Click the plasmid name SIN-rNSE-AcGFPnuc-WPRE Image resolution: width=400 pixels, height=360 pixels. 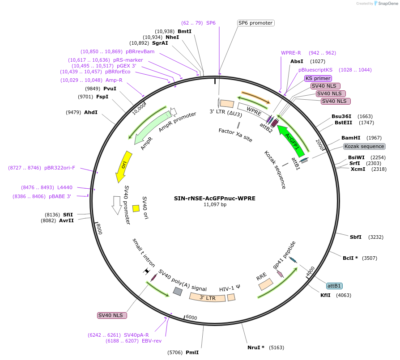[215, 198]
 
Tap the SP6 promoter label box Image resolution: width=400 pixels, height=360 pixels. [255, 23]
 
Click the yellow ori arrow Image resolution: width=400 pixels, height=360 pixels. [123, 166]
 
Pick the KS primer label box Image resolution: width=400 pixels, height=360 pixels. [318, 78]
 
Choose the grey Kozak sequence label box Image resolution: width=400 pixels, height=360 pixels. [364, 146]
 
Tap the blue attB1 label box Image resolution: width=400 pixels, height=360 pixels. [334, 286]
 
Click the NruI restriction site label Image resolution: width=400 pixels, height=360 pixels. [256, 347]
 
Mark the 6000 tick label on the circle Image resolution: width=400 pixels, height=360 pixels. [191, 318]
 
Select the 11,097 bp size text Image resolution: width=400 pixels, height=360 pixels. [215, 204]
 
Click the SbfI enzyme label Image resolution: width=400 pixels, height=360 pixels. [356, 237]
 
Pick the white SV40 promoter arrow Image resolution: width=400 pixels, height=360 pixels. [117, 205]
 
